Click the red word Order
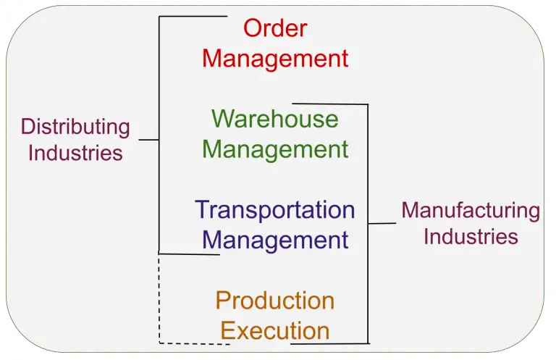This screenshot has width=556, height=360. click(275, 28)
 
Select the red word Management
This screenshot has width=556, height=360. click(275, 58)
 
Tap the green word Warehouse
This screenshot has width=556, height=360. click(275, 119)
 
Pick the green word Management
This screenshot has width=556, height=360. click(275, 149)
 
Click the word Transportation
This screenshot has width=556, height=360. click(275, 210)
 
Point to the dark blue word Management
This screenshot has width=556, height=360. click(275, 240)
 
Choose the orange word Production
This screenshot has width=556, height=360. click(275, 300)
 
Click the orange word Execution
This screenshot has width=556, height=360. click(275, 331)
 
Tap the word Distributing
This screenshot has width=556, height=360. click(75, 127)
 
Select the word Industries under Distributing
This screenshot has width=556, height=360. click(75, 153)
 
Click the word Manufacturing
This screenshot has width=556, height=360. click(471, 211)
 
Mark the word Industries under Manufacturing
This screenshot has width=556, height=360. click(471, 237)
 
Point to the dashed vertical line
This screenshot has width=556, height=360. click(159, 297)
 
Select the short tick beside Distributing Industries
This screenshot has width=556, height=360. click(148, 139)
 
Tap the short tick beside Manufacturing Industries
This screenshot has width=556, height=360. click(382, 223)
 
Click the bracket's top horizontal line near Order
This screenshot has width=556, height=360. click(192, 17)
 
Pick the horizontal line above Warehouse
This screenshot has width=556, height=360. click(329, 104)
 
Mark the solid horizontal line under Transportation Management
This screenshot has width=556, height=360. click(188, 254)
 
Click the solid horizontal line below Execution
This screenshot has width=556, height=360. click(329, 343)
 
